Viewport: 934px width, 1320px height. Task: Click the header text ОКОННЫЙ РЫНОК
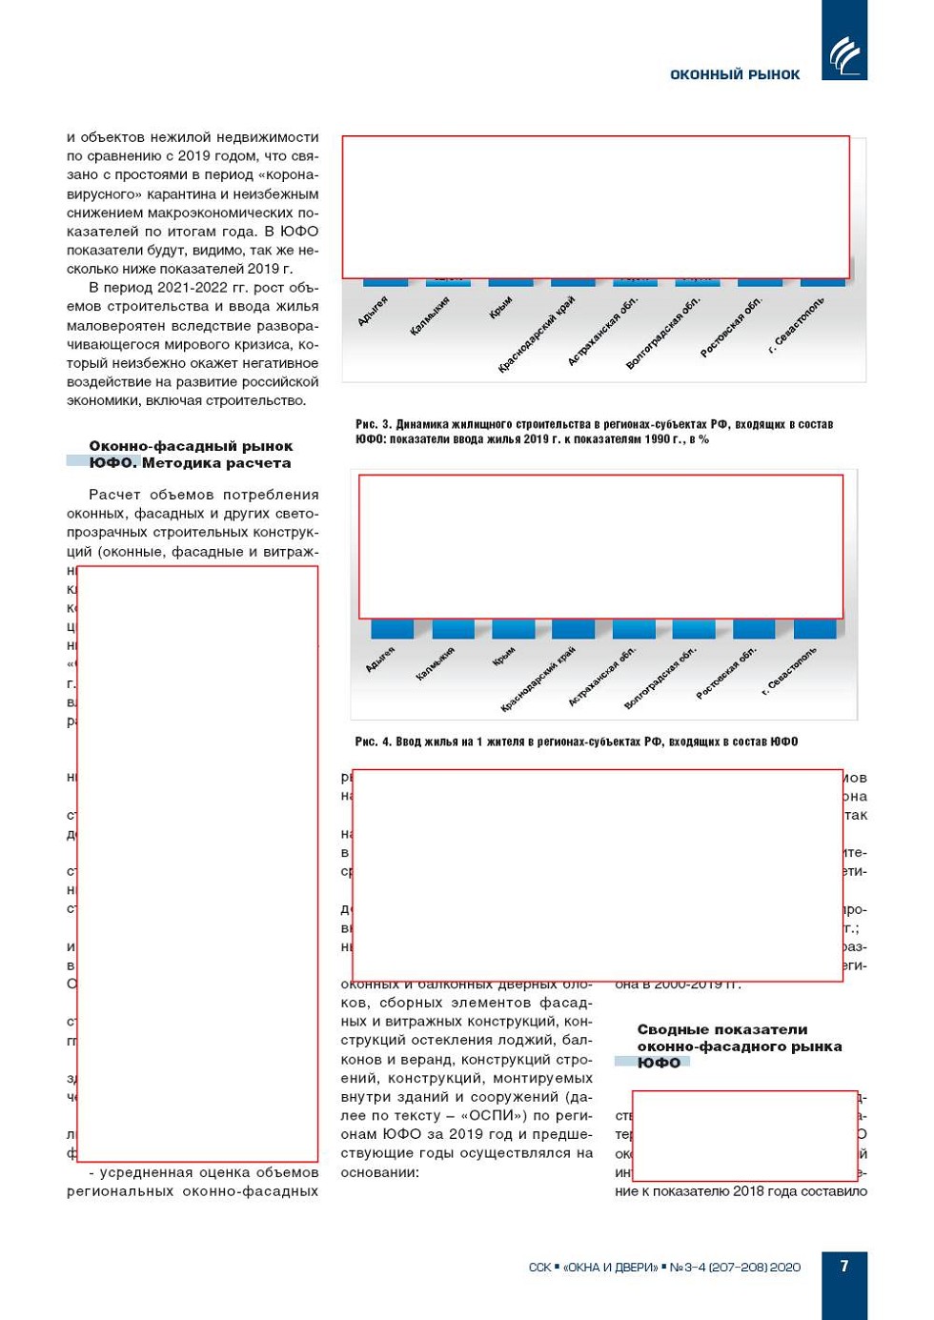[x=735, y=74]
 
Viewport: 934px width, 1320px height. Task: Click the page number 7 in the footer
[x=843, y=1266]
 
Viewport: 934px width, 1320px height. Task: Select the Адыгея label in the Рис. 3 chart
[x=373, y=312]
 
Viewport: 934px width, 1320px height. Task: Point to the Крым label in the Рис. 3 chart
[x=501, y=307]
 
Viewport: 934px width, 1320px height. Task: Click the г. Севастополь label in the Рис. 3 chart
[x=797, y=325]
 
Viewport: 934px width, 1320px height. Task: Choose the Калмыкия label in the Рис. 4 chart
[x=436, y=663]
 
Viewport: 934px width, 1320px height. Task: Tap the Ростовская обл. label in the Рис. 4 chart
[x=726, y=673]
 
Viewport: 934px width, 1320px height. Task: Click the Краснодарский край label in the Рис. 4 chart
[x=538, y=679]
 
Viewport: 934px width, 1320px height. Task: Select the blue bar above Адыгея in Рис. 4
[x=392, y=629]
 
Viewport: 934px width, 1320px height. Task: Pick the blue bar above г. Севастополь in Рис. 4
[x=815, y=629]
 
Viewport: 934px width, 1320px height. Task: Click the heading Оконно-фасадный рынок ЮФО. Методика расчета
[x=191, y=455]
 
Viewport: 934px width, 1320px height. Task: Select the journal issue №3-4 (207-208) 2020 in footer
[x=735, y=1267]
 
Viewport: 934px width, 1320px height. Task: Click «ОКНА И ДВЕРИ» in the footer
[x=610, y=1267]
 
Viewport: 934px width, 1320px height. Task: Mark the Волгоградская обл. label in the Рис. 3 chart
[x=662, y=333]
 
